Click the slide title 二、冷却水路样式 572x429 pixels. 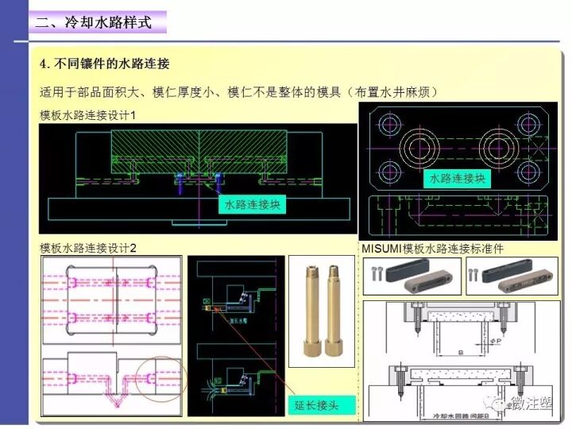point(93,22)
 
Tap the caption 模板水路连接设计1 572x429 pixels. point(88,115)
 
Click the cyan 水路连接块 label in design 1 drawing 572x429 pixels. point(253,205)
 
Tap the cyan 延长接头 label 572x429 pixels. point(316,405)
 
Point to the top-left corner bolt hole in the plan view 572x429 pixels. point(392,125)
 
